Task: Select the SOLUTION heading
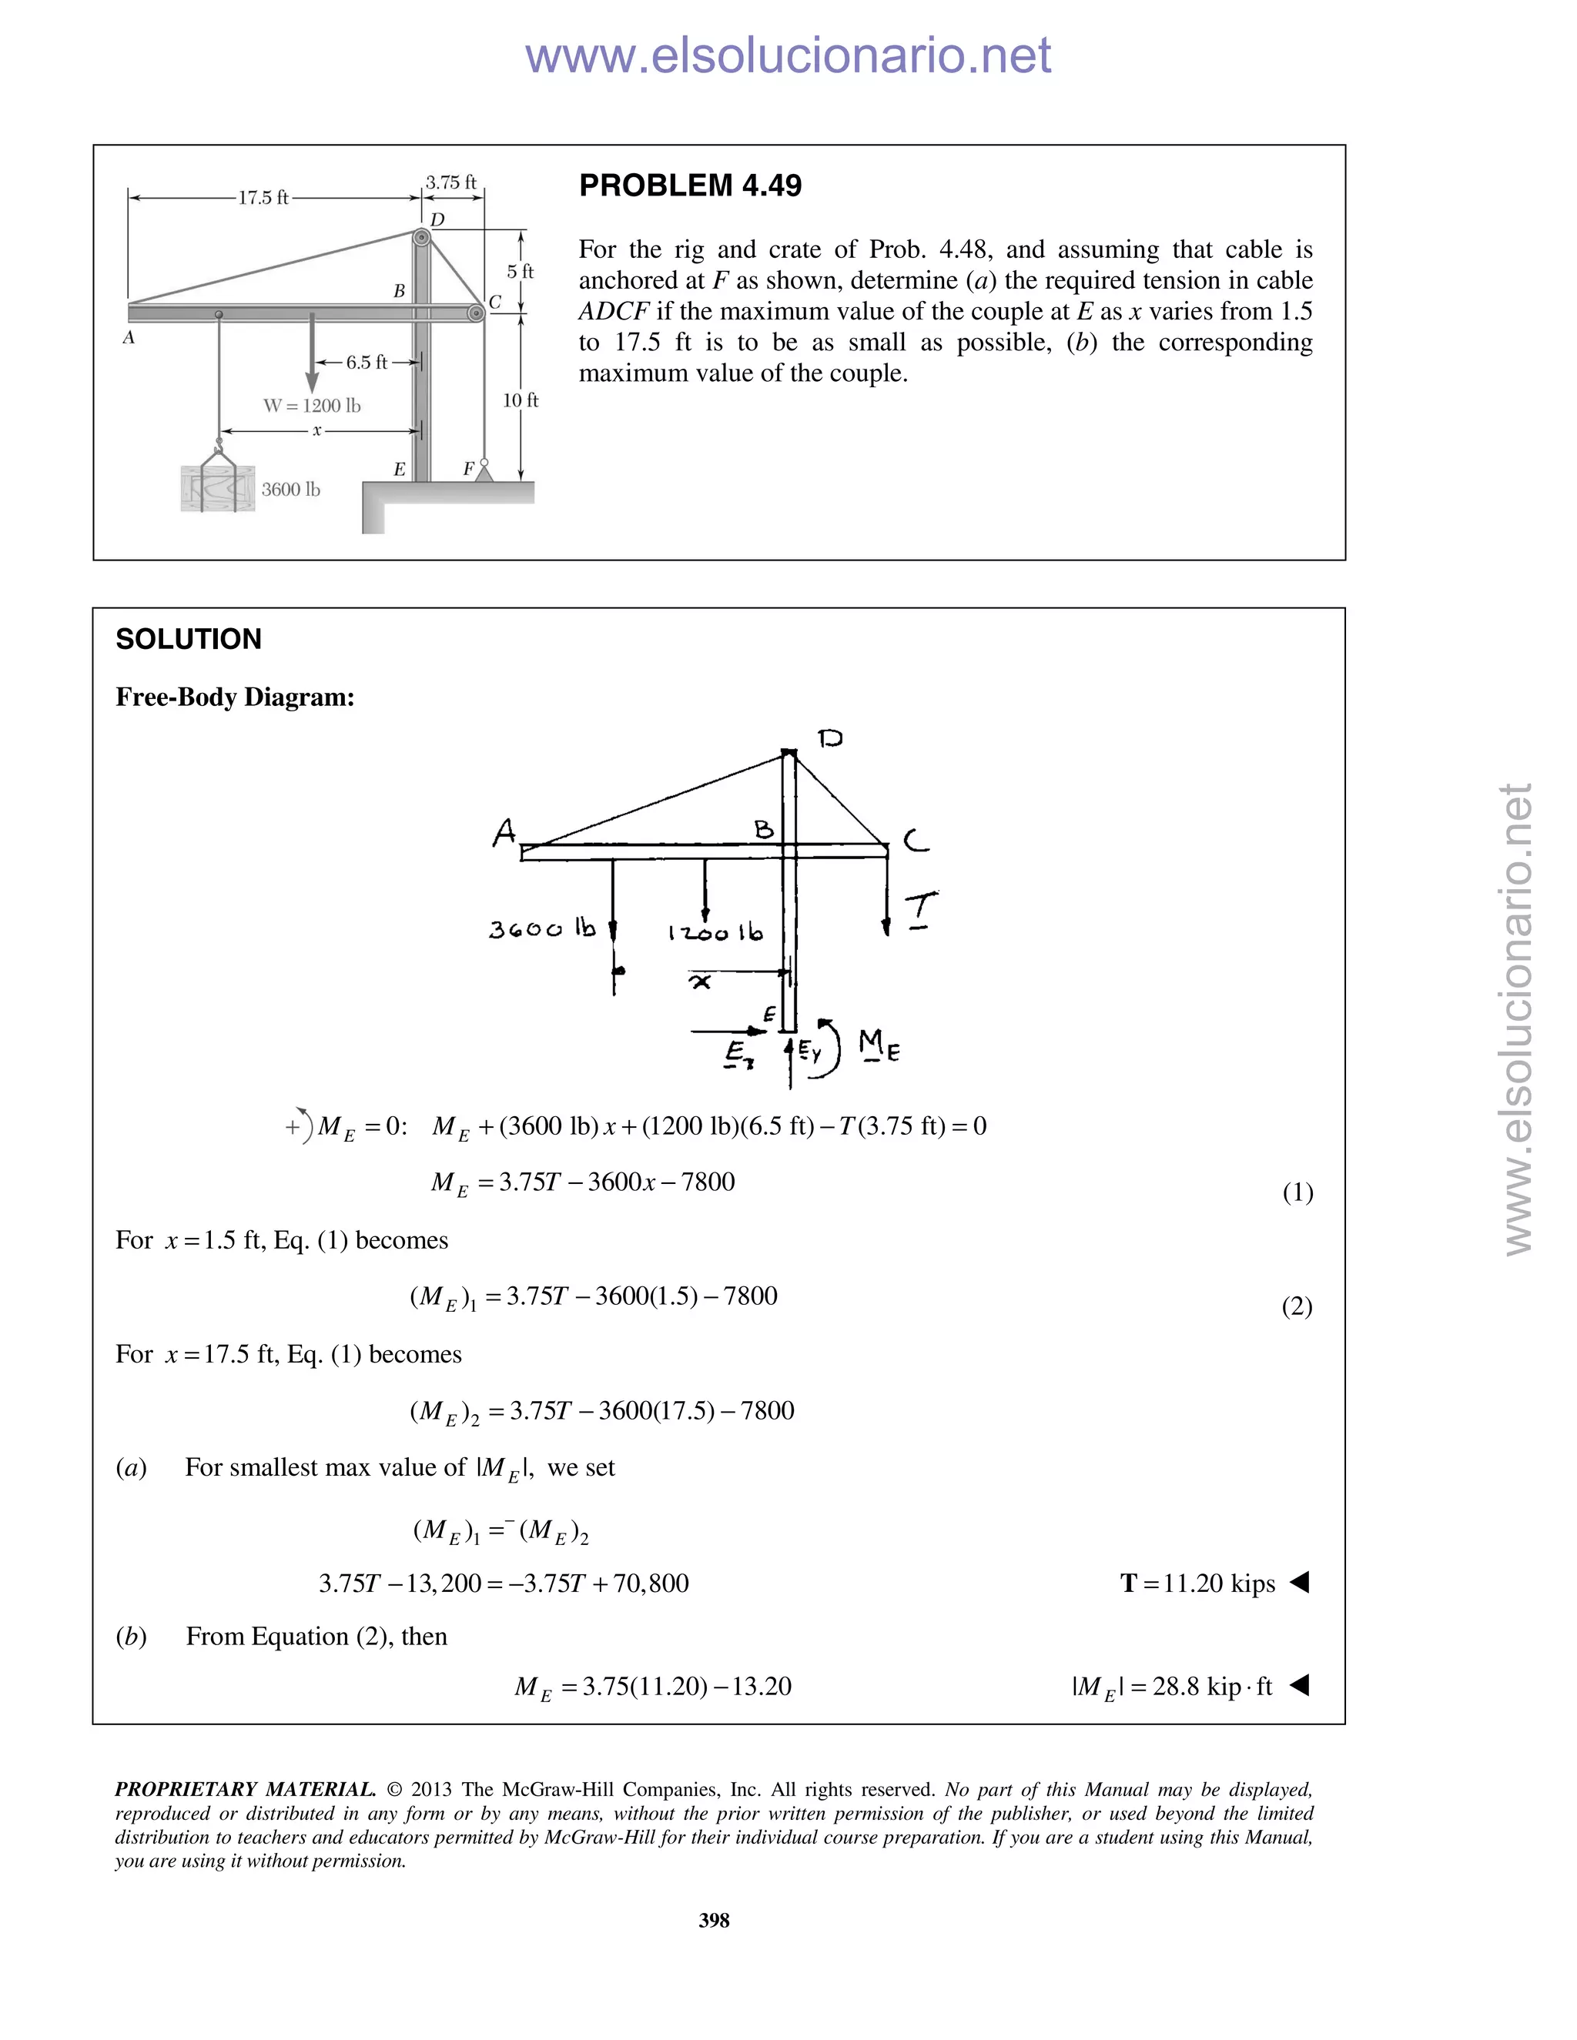188,640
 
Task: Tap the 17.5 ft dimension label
263,198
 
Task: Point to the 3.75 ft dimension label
451,182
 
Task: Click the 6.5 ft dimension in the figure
367,363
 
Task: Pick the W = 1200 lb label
311,406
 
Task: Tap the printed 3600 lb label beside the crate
290,490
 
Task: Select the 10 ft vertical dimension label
521,401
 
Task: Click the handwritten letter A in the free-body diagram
504,831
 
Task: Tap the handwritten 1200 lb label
715,932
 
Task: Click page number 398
714,1919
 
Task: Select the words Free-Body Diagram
235,697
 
